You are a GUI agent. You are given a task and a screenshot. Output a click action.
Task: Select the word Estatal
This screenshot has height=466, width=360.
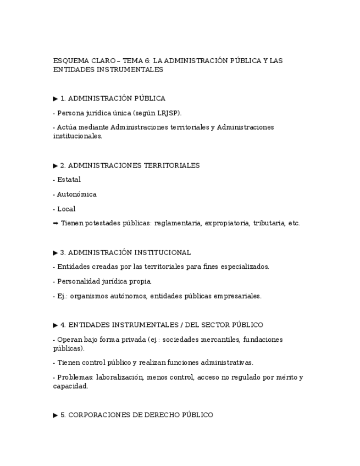tap(69, 180)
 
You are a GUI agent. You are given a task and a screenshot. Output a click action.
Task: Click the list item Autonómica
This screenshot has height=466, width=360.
tap(76, 195)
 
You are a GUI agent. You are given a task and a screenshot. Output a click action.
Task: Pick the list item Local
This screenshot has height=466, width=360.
tap(66, 209)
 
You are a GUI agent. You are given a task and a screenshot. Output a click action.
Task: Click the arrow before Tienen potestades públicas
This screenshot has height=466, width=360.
tap(56, 224)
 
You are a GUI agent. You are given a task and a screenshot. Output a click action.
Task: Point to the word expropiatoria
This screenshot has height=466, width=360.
tap(227, 224)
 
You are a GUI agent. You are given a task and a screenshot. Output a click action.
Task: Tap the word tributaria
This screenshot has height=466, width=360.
tap(269, 224)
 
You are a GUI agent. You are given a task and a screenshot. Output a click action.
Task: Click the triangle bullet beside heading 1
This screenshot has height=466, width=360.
tap(56, 99)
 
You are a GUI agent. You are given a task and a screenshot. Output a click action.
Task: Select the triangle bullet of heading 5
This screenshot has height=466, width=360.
tap(56, 415)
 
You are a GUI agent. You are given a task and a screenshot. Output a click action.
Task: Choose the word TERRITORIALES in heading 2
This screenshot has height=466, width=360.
tap(171, 165)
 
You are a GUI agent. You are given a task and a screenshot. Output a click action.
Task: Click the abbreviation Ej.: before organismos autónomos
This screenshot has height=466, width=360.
tap(63, 296)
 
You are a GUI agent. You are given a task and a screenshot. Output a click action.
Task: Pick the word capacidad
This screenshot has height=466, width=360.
tap(70, 386)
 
